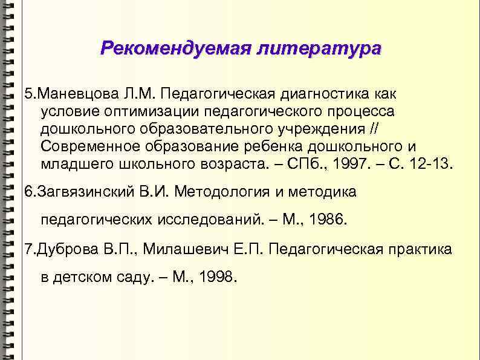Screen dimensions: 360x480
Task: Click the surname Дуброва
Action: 63,249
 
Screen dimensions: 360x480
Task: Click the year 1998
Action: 218,278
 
